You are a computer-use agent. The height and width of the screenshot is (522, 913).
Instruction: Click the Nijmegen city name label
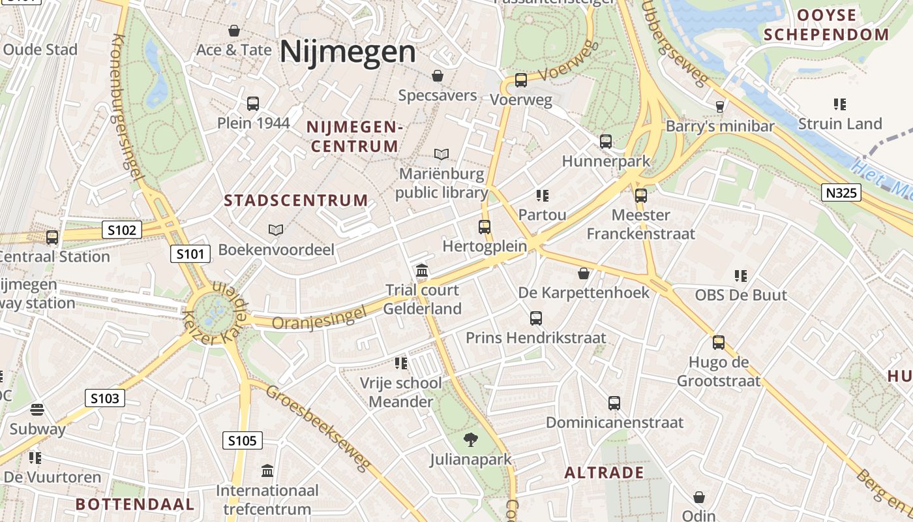click(x=348, y=52)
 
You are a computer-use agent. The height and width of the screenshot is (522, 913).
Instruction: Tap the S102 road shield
click(x=122, y=230)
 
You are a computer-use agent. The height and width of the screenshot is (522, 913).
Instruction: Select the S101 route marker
click(x=190, y=253)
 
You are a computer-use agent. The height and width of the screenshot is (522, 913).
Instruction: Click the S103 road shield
click(x=104, y=397)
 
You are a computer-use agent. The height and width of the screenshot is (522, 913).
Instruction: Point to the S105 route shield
click(x=243, y=440)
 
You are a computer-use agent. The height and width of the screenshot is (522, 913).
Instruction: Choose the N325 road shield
click(x=841, y=192)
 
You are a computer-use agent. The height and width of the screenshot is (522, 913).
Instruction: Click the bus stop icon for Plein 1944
click(x=253, y=103)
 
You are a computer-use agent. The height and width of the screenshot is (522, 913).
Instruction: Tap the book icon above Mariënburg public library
click(x=442, y=154)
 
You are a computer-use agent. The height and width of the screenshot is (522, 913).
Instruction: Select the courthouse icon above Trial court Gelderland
click(x=422, y=270)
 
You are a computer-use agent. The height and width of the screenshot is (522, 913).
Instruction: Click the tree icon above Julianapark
click(x=470, y=440)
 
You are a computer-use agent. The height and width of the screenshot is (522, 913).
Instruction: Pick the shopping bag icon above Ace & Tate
click(x=234, y=31)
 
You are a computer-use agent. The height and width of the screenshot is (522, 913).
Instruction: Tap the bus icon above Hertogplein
click(x=485, y=226)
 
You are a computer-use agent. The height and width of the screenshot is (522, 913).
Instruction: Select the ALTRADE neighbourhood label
click(x=604, y=472)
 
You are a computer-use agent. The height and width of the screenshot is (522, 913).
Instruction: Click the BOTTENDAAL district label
click(x=135, y=504)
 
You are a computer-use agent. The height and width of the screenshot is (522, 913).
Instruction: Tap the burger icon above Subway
click(x=37, y=410)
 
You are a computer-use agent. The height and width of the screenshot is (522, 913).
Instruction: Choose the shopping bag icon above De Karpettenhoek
click(x=584, y=273)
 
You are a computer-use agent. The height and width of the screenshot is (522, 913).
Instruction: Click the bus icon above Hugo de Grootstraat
click(x=719, y=342)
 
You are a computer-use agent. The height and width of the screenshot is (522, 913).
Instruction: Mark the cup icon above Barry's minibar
click(x=720, y=106)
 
